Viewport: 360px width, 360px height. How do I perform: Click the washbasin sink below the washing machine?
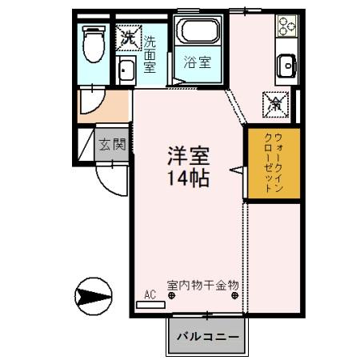(126, 71)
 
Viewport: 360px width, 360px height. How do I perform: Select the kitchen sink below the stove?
(286, 65)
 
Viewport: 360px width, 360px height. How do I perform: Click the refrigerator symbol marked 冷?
(274, 103)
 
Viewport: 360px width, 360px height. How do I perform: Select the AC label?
(150, 294)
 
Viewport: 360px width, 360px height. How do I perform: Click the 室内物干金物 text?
(203, 284)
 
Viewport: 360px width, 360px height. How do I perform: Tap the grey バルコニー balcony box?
(206, 336)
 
